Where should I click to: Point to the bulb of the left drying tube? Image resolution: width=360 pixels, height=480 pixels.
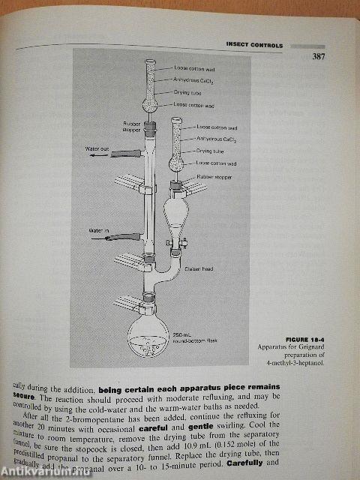click(x=150, y=105)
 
